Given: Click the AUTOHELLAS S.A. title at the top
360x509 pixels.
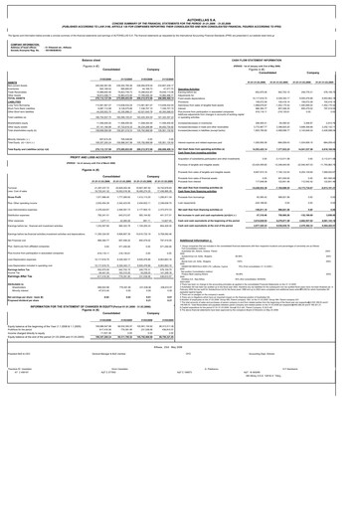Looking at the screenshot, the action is (179, 4).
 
